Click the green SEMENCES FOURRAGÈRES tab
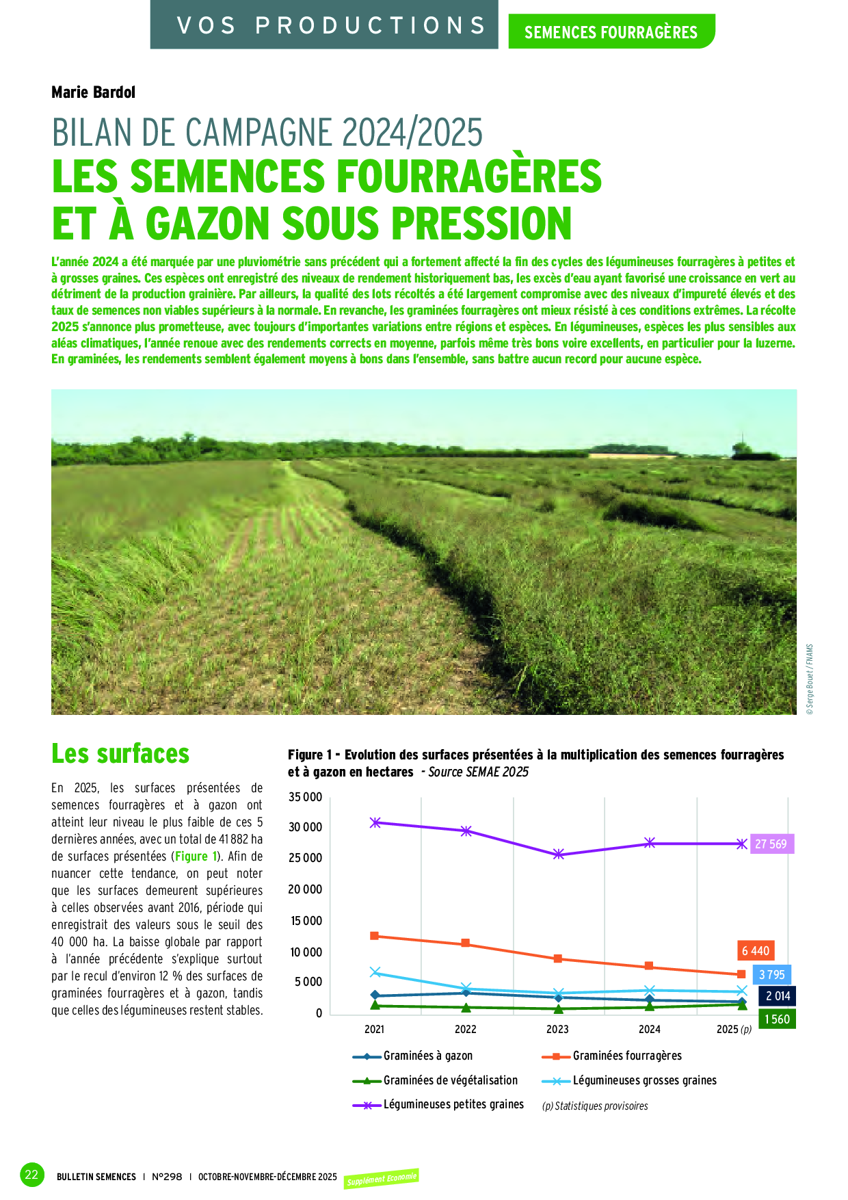pyautogui.click(x=611, y=31)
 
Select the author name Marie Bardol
pyautogui.click(x=94, y=92)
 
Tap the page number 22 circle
pyautogui.click(x=31, y=1175)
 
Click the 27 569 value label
pyautogui.click(x=771, y=844)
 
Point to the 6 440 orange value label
pyautogui.click(x=756, y=950)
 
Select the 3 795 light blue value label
pyautogui.click(x=772, y=974)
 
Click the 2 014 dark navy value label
pyautogui.click(x=778, y=996)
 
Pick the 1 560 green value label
pyautogui.click(x=777, y=1019)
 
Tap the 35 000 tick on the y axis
pyautogui.click(x=305, y=797)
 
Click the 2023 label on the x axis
pyautogui.click(x=557, y=1029)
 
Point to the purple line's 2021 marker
pyautogui.click(x=375, y=822)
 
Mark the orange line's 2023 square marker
pyautogui.click(x=558, y=958)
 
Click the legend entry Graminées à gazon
pyautogui.click(x=427, y=1056)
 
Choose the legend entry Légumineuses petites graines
pyautogui.click(x=453, y=1104)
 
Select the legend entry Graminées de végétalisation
pyautogui.click(x=450, y=1080)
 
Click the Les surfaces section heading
pyautogui.click(x=120, y=754)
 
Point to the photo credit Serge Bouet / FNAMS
pyautogui.click(x=810, y=679)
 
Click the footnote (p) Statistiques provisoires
pyautogui.click(x=595, y=1106)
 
